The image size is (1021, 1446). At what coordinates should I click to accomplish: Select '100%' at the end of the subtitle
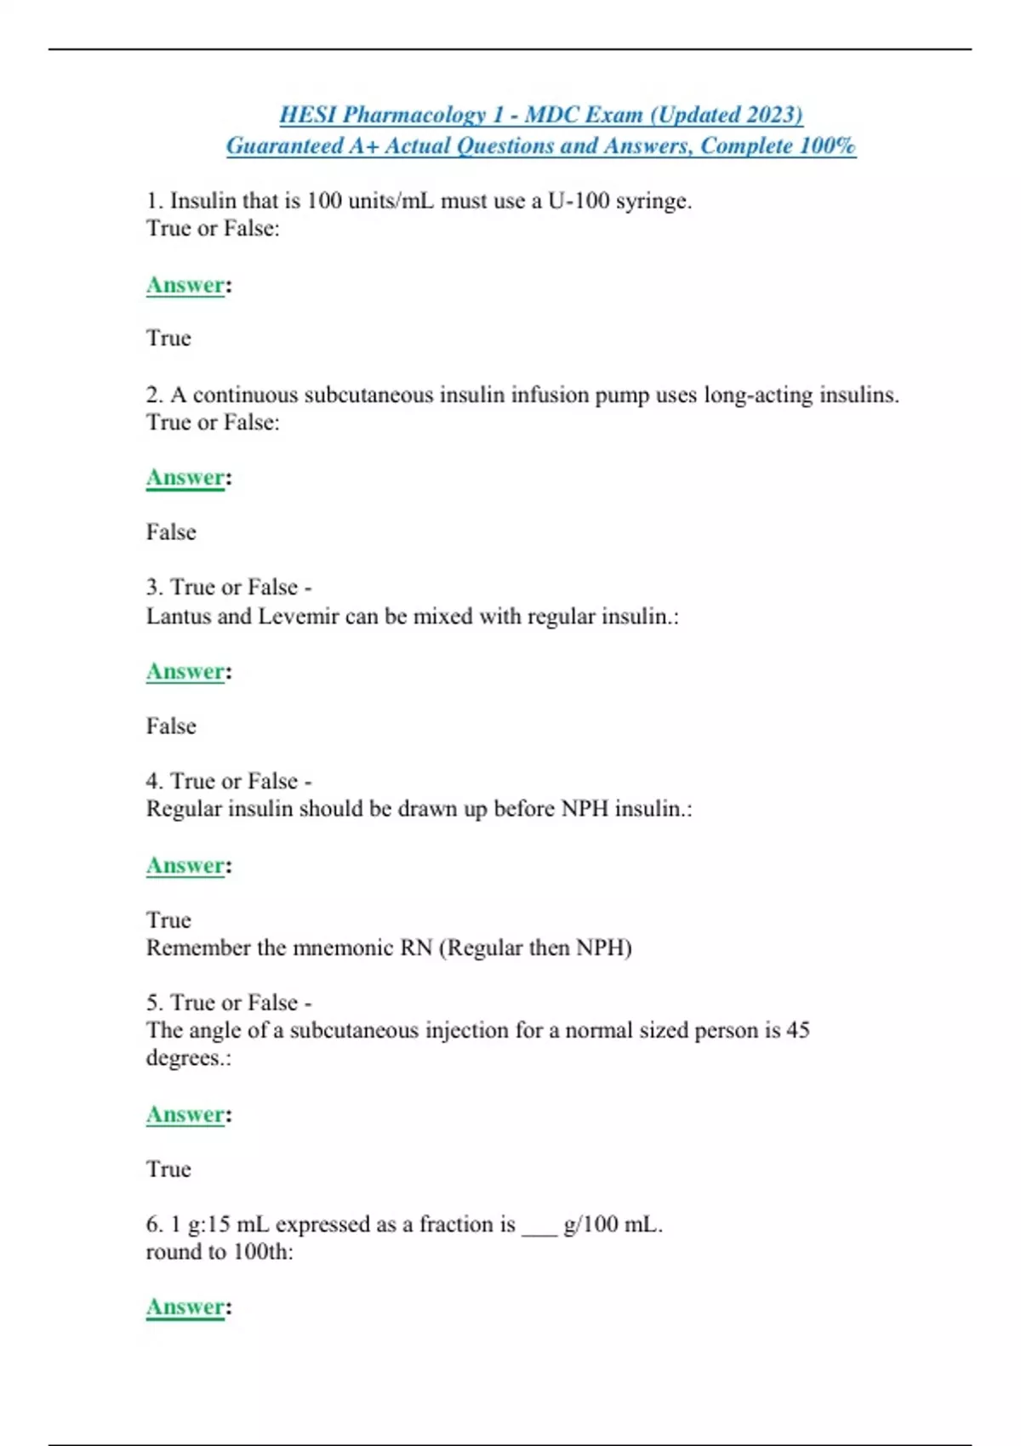point(827,145)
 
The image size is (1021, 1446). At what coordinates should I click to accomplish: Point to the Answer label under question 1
point(185,285)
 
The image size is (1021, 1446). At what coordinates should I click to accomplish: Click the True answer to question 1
point(168,338)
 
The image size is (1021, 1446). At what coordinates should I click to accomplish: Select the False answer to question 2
point(171,532)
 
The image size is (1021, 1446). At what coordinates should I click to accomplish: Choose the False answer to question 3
point(171,726)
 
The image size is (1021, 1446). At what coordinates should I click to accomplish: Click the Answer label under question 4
point(185,865)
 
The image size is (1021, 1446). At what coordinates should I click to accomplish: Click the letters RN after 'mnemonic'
point(416,948)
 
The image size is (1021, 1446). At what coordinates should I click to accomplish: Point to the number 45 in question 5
point(797,1030)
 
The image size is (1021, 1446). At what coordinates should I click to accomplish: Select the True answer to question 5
point(168,1169)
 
